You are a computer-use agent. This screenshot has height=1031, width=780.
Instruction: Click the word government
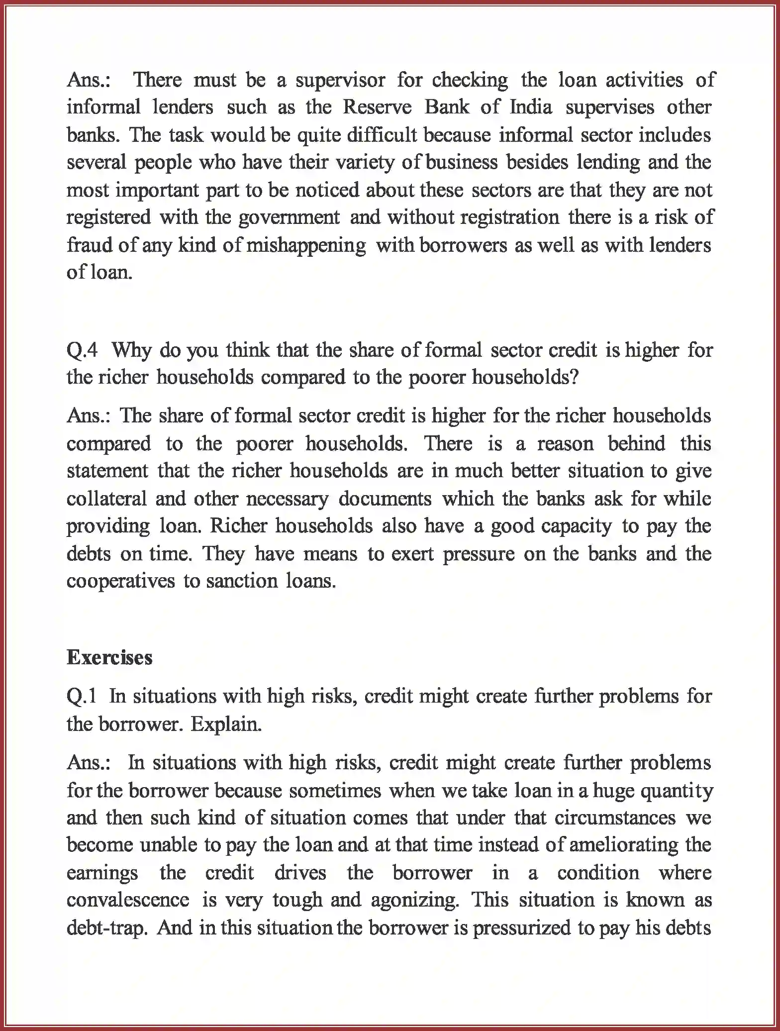(x=290, y=218)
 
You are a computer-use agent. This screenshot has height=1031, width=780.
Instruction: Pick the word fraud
(x=84, y=245)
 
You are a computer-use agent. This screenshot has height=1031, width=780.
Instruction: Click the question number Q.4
(x=82, y=351)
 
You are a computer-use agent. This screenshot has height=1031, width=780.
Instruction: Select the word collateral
(x=106, y=499)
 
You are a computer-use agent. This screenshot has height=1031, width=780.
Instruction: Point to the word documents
(x=385, y=499)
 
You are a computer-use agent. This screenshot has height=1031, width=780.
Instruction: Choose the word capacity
(x=577, y=526)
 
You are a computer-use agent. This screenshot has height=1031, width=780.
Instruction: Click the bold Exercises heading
(x=109, y=658)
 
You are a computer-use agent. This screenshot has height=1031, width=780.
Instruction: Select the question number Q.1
(x=82, y=697)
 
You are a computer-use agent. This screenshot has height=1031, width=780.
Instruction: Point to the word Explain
(x=226, y=724)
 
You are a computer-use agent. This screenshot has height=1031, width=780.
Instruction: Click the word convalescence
(x=128, y=900)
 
